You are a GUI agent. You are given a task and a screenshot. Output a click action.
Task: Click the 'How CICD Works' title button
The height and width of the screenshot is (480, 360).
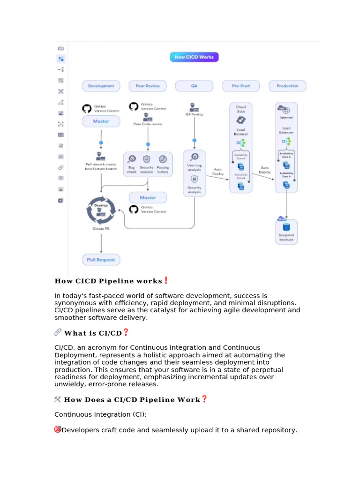coord(194,57)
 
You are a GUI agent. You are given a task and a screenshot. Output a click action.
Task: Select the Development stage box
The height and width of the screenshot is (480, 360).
coord(101,86)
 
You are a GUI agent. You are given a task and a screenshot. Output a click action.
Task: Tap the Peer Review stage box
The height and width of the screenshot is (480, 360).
coord(148,86)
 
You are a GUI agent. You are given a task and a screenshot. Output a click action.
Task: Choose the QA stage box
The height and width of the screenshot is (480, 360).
coord(194,86)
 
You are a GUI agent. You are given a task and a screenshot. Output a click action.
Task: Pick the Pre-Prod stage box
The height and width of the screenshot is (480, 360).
coord(240,86)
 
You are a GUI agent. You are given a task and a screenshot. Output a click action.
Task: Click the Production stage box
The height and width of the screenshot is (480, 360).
coord(287,86)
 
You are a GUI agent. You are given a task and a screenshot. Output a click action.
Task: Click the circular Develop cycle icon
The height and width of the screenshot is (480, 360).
coord(101,210)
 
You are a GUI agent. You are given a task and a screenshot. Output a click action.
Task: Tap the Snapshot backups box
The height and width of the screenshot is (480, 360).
coord(286,232)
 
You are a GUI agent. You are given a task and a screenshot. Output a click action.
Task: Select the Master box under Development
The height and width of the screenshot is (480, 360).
coord(101,121)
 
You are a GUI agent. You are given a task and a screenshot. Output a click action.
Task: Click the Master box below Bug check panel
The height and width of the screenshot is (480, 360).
coord(148,197)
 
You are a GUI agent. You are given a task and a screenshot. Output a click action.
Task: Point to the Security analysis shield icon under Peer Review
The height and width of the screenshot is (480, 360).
coord(147,159)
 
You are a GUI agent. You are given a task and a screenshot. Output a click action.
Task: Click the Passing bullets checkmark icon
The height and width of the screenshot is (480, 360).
coord(163,159)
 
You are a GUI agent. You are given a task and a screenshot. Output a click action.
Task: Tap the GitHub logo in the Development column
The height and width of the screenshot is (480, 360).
coord(86,108)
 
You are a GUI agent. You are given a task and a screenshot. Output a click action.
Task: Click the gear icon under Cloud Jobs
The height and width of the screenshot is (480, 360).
coord(240,120)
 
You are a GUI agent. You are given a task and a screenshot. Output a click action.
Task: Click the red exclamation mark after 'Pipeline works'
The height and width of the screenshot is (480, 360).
coord(166,281)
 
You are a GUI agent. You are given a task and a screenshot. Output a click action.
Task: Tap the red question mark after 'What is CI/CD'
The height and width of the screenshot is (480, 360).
coord(125,333)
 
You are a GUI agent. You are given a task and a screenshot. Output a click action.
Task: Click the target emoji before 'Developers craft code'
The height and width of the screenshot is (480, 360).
coord(58,429)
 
